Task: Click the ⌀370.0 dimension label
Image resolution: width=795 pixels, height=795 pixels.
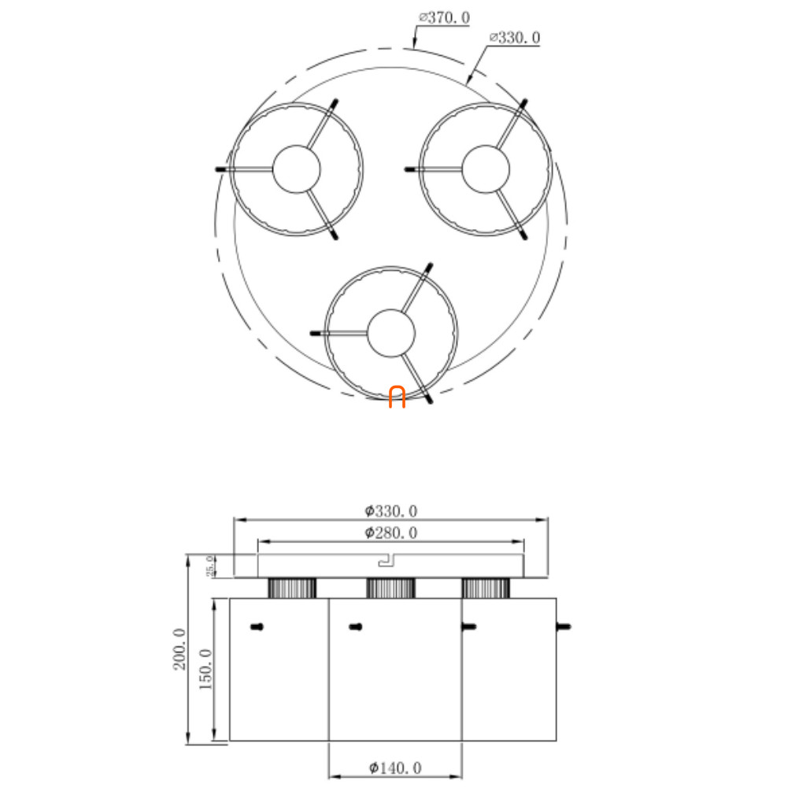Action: click(444, 18)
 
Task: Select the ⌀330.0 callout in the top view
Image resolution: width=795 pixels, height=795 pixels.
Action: click(515, 38)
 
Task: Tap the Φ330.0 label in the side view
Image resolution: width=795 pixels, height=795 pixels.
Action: click(391, 511)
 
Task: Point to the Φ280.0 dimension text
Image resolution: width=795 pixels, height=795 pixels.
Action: click(391, 532)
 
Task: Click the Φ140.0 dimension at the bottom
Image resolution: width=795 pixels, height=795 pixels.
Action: click(395, 768)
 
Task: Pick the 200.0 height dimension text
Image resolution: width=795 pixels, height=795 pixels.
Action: click(180, 649)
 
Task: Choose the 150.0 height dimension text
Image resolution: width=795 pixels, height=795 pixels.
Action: click(205, 669)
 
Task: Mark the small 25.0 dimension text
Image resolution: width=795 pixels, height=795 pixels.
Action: click(209, 566)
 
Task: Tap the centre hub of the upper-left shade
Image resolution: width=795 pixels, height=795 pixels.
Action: click(297, 169)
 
